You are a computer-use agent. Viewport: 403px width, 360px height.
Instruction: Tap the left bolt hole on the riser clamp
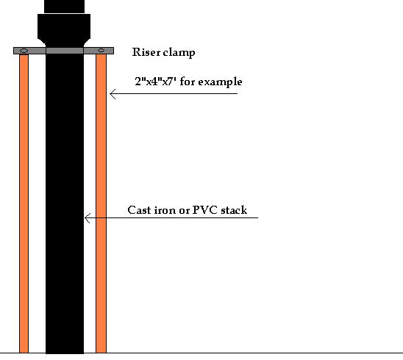click(24, 51)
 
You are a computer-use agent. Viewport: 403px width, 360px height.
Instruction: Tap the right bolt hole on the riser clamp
click(101, 51)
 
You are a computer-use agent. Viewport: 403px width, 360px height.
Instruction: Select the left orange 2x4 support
click(24, 204)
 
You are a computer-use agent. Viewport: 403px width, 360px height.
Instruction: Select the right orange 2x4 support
click(101, 204)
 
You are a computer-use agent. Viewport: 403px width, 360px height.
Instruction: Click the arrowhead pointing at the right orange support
click(113, 94)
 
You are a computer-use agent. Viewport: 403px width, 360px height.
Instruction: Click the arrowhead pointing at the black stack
click(88, 218)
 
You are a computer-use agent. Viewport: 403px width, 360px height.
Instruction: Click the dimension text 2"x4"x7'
click(155, 82)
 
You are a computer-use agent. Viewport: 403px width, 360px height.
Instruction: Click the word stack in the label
click(234, 210)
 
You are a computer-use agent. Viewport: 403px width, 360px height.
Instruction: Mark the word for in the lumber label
click(187, 82)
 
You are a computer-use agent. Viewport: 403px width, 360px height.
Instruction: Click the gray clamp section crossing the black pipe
click(65, 51)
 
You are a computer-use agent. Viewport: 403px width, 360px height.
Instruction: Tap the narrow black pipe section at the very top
click(64, 7)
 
